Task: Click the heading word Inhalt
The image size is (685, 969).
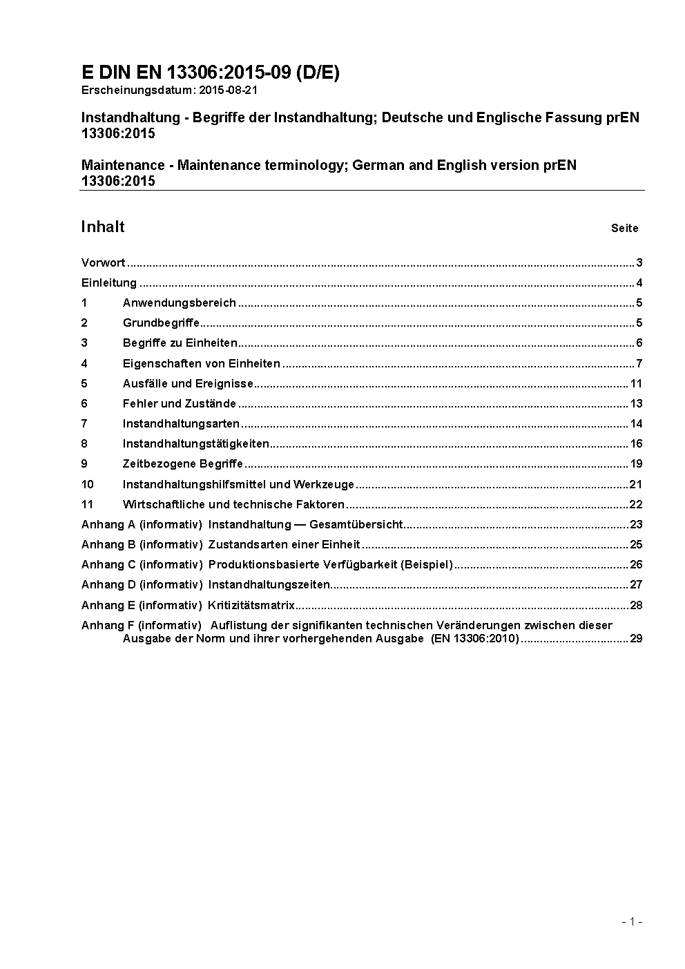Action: (103, 227)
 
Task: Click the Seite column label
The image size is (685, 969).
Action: (624, 229)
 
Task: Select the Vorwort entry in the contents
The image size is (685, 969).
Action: (104, 262)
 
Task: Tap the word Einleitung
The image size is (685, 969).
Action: (109, 282)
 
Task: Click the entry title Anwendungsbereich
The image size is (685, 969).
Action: (180, 303)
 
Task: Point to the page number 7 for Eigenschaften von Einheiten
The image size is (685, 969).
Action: (639, 363)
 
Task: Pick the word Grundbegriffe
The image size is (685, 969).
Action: (161, 323)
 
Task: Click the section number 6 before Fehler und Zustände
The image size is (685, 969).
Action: (84, 403)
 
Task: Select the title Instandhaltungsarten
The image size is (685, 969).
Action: (181, 423)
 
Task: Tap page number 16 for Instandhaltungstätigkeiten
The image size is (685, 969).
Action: (636, 443)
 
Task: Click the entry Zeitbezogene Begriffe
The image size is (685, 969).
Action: (183, 463)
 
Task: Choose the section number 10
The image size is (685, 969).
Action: (87, 484)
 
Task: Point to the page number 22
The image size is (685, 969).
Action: (636, 504)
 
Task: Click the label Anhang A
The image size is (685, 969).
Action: (108, 524)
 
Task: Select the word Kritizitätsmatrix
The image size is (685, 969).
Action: (251, 605)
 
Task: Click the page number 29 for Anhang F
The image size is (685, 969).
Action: (636, 638)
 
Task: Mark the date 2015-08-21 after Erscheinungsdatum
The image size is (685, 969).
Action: (228, 90)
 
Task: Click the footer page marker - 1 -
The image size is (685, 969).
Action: (632, 921)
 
